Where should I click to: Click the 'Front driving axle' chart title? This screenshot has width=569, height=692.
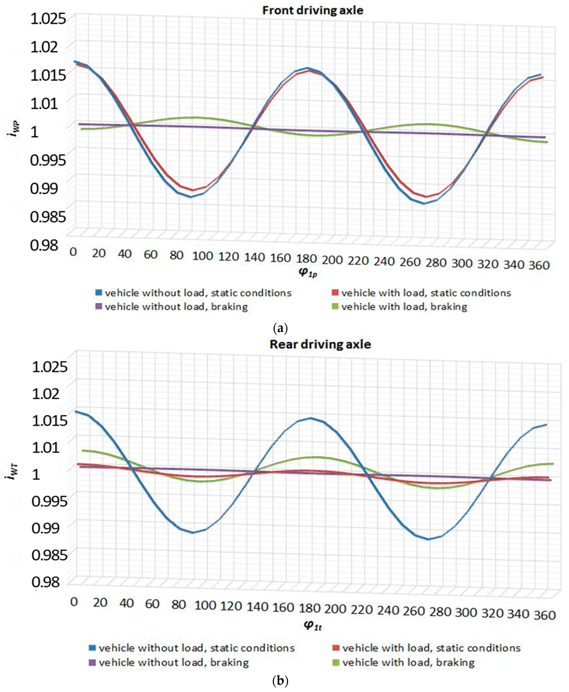pos(313,10)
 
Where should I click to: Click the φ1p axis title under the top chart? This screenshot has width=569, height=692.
pos(308,273)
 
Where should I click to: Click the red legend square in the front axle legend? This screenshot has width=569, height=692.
pos(335,292)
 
